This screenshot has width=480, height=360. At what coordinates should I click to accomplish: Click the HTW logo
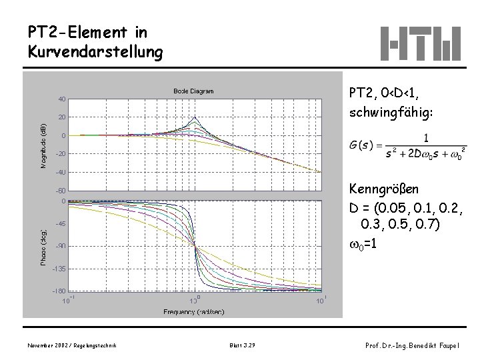click(x=420, y=43)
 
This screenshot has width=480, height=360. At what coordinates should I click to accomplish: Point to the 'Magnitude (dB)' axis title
click(x=43, y=145)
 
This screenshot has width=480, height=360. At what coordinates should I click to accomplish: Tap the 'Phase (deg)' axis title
click(x=43, y=239)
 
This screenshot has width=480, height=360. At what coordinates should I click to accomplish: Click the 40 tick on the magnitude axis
click(x=61, y=99)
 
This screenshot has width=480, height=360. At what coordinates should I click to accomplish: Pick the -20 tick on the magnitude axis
click(x=59, y=155)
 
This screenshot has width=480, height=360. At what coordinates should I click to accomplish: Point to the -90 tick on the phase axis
click(x=59, y=247)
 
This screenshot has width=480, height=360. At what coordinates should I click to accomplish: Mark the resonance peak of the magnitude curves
click(x=195, y=118)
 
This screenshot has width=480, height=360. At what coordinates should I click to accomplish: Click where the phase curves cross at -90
click(x=195, y=247)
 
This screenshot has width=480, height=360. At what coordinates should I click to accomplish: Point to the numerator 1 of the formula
click(x=426, y=138)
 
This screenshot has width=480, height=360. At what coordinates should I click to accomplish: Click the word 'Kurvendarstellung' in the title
click(x=95, y=51)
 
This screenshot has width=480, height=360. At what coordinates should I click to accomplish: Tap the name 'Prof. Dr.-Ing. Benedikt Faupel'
click(x=413, y=345)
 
